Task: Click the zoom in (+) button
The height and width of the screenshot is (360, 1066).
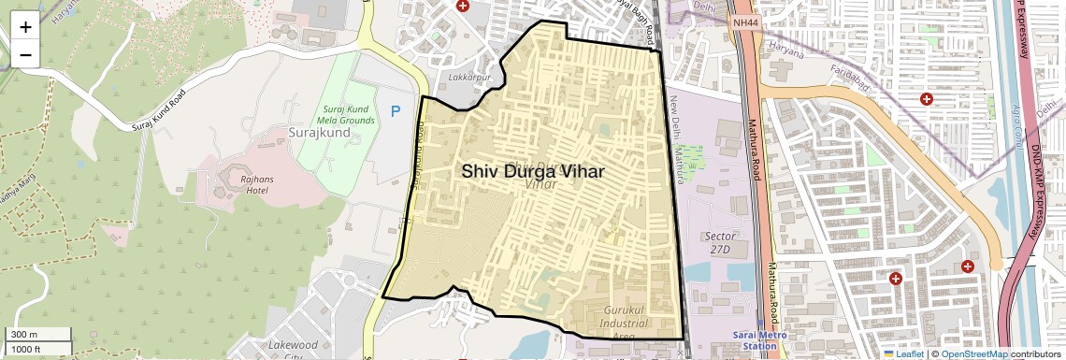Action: point(25,27)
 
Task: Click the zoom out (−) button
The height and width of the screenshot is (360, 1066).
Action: point(25,53)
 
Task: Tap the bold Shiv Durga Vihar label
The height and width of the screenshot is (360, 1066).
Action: point(532,172)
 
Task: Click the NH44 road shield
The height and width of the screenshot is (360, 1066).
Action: point(746,22)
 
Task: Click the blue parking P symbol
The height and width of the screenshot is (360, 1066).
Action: point(396,111)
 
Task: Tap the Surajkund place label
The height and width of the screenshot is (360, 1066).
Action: point(319,133)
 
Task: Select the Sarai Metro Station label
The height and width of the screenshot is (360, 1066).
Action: point(758,339)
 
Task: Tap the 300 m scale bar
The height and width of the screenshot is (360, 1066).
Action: point(37,335)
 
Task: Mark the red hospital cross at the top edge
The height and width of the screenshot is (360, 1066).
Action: point(462,6)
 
